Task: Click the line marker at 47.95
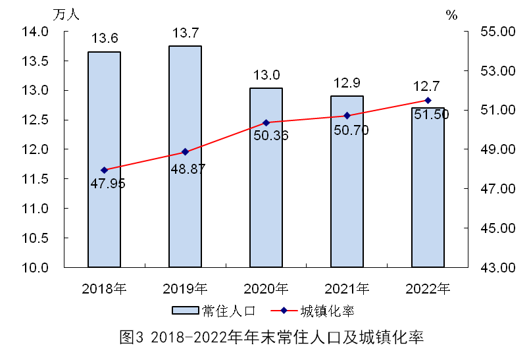click(104, 170)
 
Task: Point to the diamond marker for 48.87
click(185, 152)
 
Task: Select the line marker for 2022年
click(428, 100)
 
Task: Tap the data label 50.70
click(351, 130)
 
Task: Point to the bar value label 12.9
click(347, 83)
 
